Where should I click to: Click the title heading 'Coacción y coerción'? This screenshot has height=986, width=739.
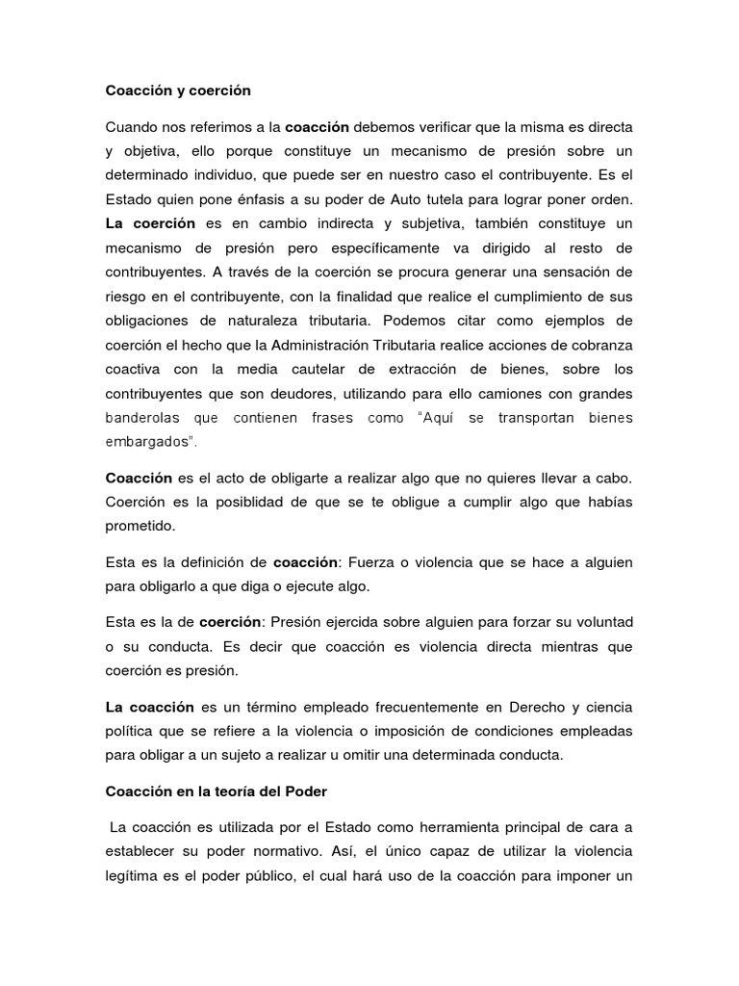(177, 91)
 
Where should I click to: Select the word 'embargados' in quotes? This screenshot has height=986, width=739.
(149, 443)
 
